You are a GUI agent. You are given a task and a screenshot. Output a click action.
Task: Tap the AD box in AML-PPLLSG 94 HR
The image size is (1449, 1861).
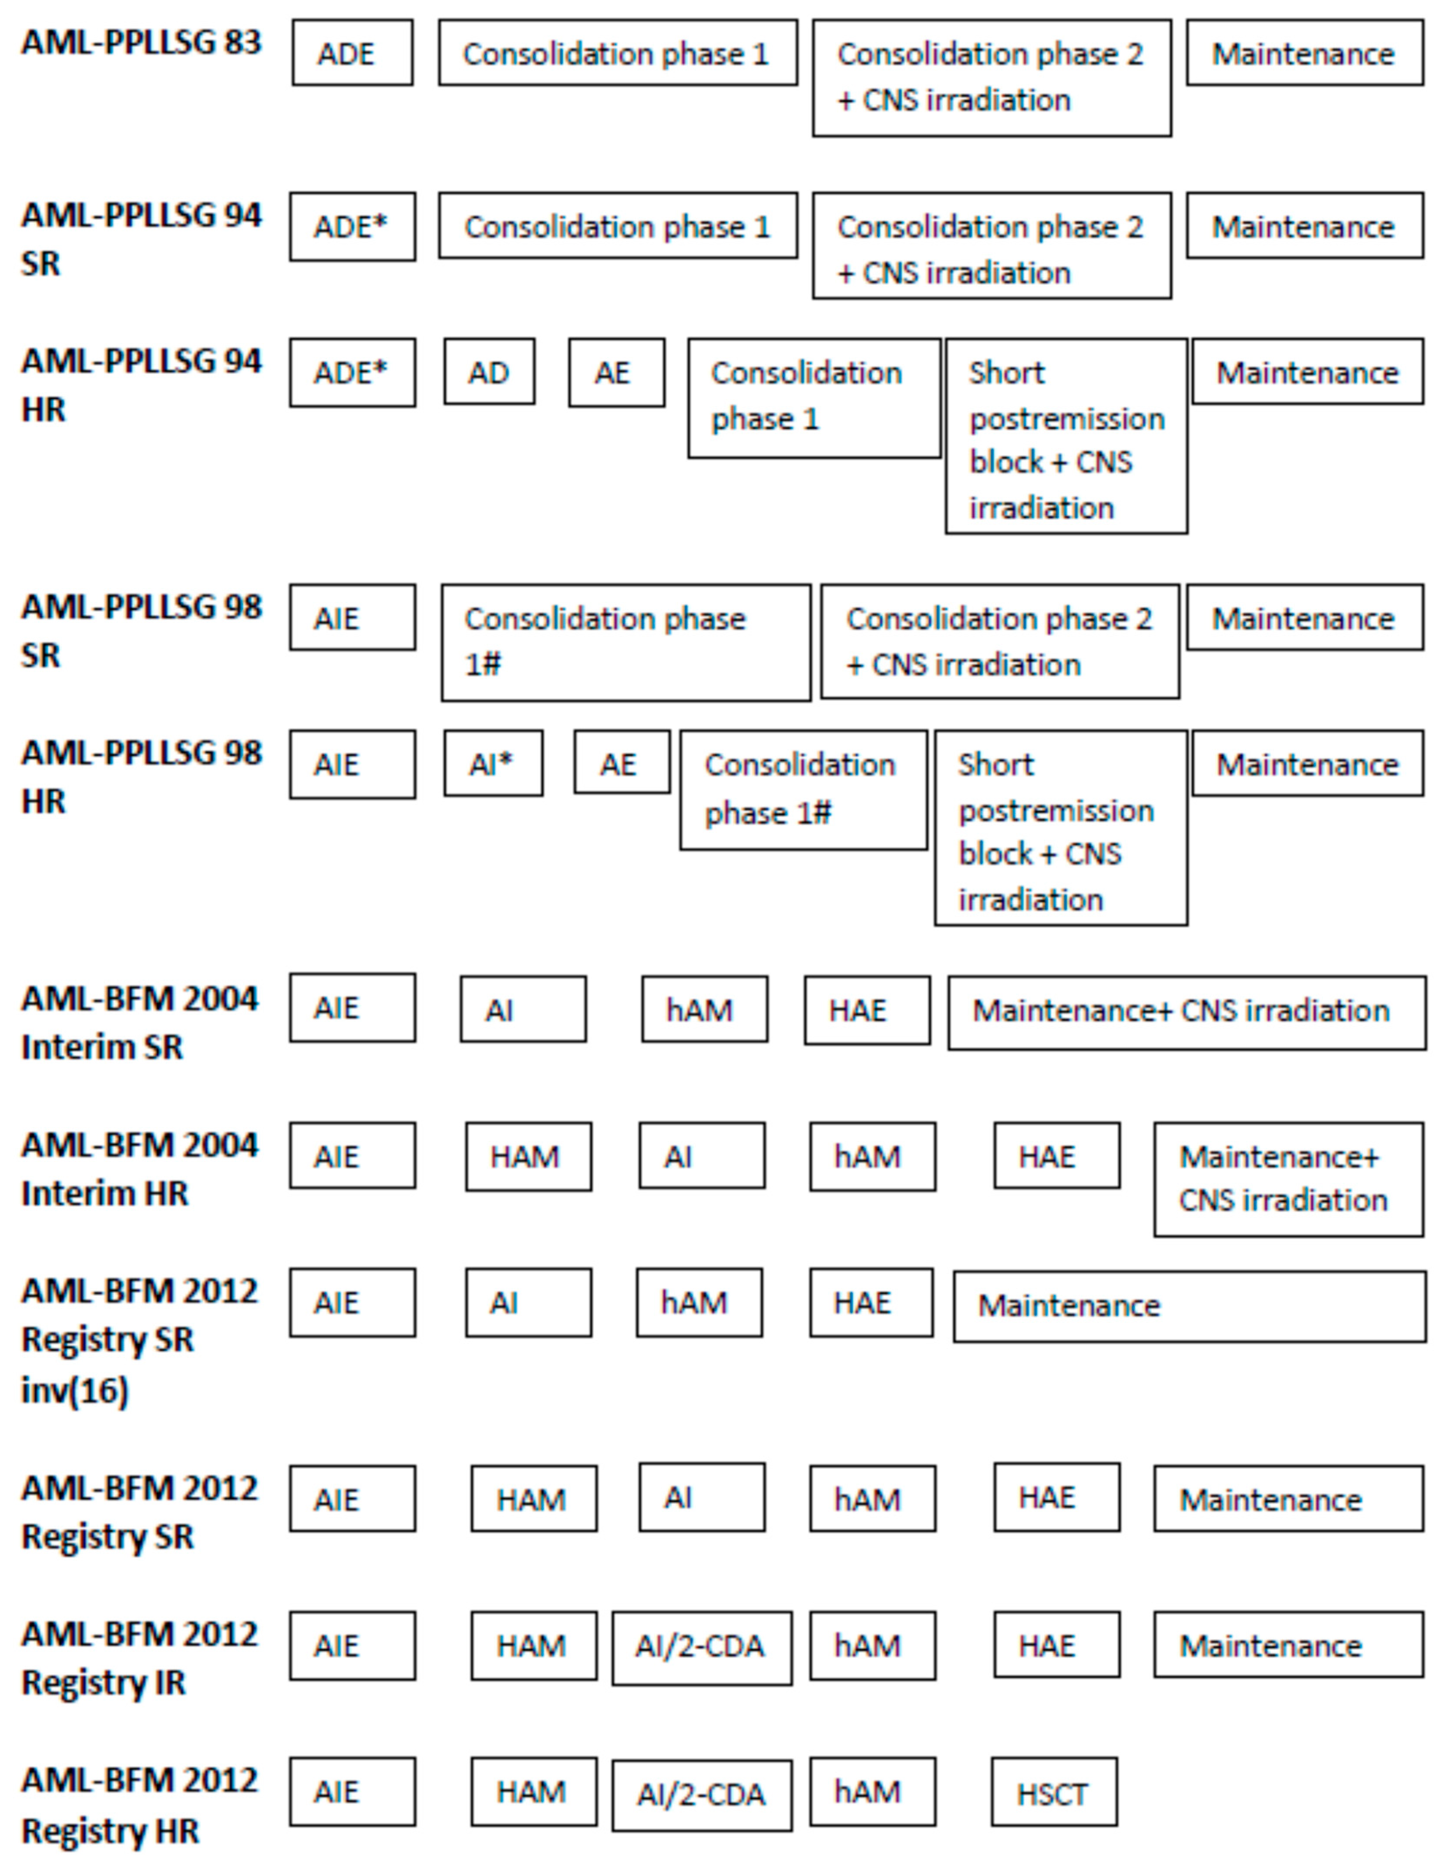[x=489, y=372]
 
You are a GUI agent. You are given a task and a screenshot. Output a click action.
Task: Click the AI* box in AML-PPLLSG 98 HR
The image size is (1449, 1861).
[x=492, y=764]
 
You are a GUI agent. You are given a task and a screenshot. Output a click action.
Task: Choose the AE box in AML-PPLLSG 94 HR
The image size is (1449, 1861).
[x=616, y=372]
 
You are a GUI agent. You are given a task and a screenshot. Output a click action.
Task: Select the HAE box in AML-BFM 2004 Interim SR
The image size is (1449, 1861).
[x=866, y=1010]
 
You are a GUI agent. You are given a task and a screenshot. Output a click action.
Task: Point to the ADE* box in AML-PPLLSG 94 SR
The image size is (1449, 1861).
[x=352, y=227]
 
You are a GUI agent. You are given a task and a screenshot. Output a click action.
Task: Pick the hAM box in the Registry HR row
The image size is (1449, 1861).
[x=872, y=1792]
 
